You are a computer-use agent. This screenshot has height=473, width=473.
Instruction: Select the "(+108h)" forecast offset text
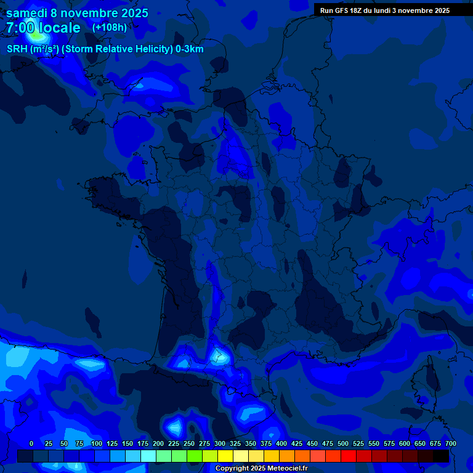pos(110,28)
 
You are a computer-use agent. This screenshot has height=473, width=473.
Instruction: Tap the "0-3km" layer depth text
pos(190,49)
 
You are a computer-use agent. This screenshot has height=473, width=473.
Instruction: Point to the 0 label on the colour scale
pos(31,443)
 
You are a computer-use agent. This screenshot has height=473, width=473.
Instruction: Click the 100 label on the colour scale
pos(97,443)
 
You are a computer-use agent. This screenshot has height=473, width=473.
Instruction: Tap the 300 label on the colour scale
pos(220,443)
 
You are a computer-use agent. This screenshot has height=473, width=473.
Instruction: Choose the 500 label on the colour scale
pos(343,443)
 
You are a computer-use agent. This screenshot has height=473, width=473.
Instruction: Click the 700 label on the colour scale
pos(451,443)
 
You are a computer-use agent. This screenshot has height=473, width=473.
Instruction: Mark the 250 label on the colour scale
pos(189,443)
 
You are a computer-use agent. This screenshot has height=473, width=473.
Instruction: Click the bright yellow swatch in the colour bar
pos(225,456)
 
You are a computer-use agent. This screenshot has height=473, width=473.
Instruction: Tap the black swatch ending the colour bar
pos(441,456)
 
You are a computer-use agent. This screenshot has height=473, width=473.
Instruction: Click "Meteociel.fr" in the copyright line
pos(288,469)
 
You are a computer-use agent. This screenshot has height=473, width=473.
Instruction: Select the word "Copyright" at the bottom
pos(232,469)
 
